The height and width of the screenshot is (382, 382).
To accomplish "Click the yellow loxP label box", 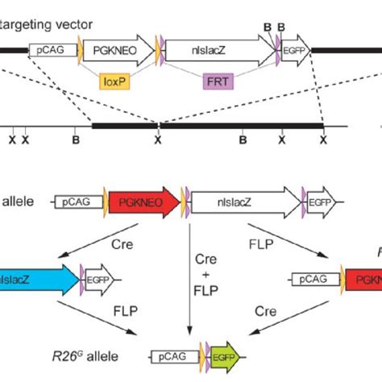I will tap(114, 81).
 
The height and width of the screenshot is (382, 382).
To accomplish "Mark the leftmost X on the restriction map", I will tap(11, 139).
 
